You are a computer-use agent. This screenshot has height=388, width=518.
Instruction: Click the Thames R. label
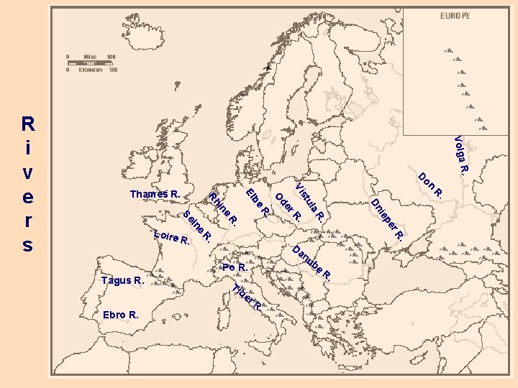[x=154, y=195]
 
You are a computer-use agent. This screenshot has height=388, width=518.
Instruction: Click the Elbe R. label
[x=258, y=203]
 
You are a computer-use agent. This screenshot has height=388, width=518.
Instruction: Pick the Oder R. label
[x=288, y=206]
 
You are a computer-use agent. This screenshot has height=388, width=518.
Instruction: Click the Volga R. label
[x=460, y=154]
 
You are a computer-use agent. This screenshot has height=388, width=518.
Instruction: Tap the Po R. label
[x=235, y=268]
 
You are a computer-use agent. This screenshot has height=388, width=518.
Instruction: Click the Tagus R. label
[x=122, y=280]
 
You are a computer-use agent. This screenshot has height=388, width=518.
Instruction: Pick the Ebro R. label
[x=121, y=315]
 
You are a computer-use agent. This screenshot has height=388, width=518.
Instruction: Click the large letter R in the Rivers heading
[x=27, y=123]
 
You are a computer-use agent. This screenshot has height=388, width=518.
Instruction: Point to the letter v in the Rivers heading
[x=27, y=172]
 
